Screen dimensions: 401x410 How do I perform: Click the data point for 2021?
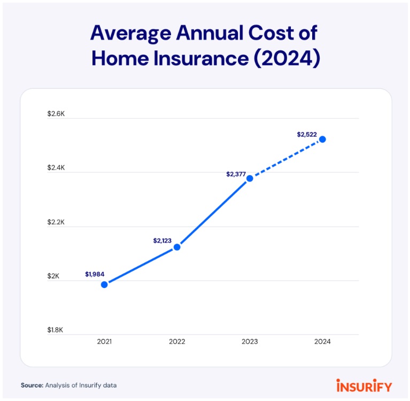(x=104, y=284)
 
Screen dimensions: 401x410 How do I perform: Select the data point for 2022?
(x=177, y=247)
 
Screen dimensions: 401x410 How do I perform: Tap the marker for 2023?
(x=250, y=178)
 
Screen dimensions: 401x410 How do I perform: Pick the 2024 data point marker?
(x=322, y=139)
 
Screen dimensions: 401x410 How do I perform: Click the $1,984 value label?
(x=94, y=274)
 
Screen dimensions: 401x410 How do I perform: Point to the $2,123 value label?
(x=162, y=241)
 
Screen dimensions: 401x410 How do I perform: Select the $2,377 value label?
(x=235, y=174)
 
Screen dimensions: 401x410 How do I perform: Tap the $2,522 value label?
(x=307, y=134)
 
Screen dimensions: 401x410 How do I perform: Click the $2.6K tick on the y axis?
(x=56, y=114)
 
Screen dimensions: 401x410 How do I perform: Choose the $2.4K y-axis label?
(x=56, y=168)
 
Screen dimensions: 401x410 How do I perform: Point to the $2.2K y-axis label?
(x=56, y=222)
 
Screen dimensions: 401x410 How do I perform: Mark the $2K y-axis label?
(x=53, y=276)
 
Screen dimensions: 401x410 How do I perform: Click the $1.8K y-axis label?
(x=55, y=330)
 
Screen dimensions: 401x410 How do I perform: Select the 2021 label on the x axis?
(x=104, y=342)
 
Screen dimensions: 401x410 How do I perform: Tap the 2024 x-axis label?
(x=322, y=342)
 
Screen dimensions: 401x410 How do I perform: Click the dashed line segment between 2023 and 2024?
(x=286, y=158)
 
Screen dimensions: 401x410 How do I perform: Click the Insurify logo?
(x=364, y=385)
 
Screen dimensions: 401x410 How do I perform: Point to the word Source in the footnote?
(x=32, y=385)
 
